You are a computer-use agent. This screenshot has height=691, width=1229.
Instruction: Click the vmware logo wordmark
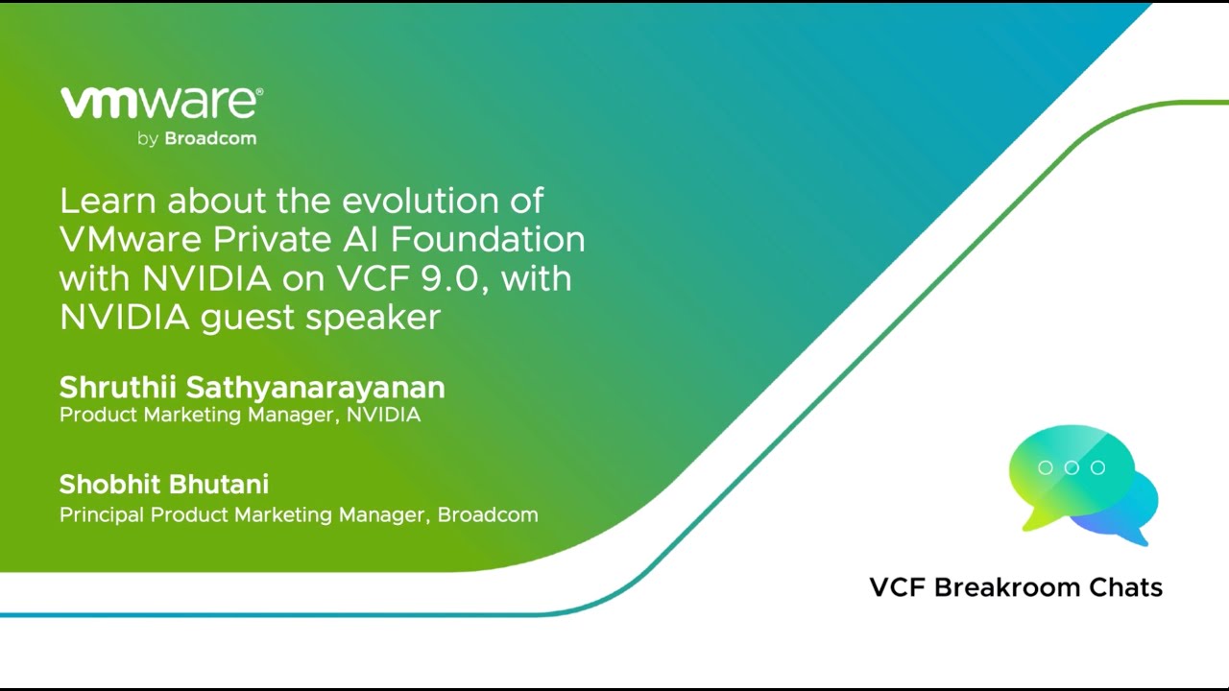pyautogui.click(x=161, y=103)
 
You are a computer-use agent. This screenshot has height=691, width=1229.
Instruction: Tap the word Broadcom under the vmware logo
pyautogui.click(x=210, y=138)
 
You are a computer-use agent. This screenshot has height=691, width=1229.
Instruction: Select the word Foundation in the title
pyautogui.click(x=488, y=239)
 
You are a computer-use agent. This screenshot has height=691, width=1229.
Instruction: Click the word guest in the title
pyautogui.click(x=248, y=318)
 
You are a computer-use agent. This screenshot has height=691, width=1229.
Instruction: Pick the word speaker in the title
pyautogui.click(x=374, y=317)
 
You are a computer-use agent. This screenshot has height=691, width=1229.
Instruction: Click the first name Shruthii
pyautogui.click(x=118, y=387)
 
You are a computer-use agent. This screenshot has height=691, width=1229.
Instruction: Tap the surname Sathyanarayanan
pyautogui.click(x=316, y=389)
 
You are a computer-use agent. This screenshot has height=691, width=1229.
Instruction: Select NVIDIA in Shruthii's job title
pyautogui.click(x=383, y=415)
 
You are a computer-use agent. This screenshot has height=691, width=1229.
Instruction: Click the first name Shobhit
pyautogui.click(x=109, y=485)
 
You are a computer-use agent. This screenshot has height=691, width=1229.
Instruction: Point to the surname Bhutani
pyautogui.click(x=218, y=485)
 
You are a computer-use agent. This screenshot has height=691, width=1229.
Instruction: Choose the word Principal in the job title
pyautogui.click(x=102, y=515)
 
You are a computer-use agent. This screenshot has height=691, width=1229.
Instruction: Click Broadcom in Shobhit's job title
pyautogui.click(x=488, y=515)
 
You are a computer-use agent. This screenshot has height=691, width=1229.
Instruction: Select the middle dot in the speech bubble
pyautogui.click(x=1072, y=467)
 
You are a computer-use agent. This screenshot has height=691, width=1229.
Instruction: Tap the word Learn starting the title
pyautogui.click(x=108, y=201)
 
